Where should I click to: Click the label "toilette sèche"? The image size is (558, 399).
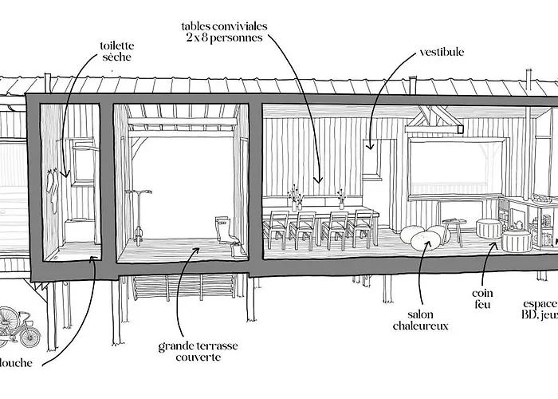pos(116,52)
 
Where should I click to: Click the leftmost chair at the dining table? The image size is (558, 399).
pos(278,228)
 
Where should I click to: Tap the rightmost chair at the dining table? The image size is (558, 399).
pos(361,228)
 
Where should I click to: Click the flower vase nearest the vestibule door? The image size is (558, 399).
pos(341,199)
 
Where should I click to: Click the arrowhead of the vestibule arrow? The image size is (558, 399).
pos(369,146)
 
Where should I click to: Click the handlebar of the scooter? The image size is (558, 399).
pos(141,192)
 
